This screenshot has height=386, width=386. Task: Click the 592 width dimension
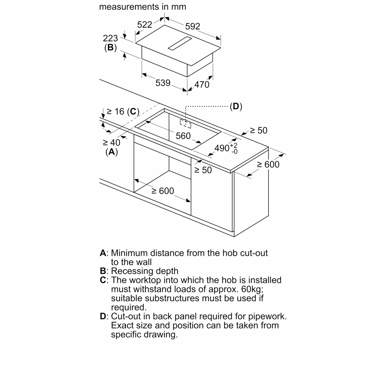192,26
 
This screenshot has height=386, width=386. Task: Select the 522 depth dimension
145,25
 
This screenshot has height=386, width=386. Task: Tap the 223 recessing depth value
110,38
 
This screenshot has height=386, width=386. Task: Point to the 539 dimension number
163,83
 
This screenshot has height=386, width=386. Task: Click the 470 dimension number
202,84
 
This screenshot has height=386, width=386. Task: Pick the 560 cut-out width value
183,136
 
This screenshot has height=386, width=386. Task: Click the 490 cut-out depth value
222,148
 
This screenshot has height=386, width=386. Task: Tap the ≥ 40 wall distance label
111,142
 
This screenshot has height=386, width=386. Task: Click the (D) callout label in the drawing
236,106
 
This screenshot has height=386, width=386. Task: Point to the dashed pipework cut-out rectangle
186,124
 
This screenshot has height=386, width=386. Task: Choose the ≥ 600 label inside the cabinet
163,191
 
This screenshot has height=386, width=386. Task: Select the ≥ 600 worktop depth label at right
268,164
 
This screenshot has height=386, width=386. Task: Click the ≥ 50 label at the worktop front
203,170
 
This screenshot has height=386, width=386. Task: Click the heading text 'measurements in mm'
143,7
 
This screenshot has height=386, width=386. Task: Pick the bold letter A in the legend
103,253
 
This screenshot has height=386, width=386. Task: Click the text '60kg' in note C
252,289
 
